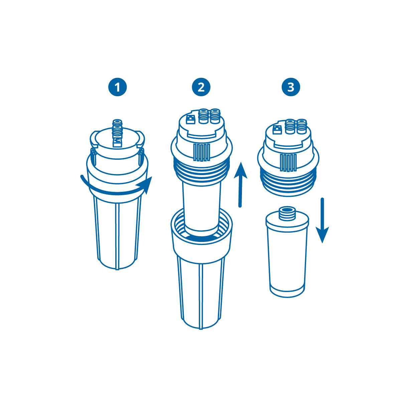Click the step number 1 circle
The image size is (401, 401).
[x=117, y=87]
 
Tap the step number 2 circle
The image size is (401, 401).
[x=201, y=87]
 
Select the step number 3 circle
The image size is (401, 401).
[x=291, y=87]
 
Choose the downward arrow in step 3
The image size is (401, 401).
[x=322, y=221]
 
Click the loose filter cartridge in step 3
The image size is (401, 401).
[x=287, y=257]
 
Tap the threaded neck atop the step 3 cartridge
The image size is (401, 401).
[x=287, y=213]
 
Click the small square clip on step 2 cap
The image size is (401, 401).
[x=190, y=119]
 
